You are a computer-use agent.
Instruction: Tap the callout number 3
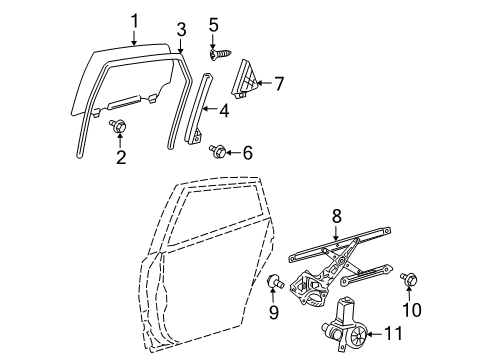point(180,28)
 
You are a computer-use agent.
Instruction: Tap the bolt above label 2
point(118,127)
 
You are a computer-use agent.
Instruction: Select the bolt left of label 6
point(217,151)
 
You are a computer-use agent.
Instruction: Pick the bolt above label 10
point(408,278)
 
